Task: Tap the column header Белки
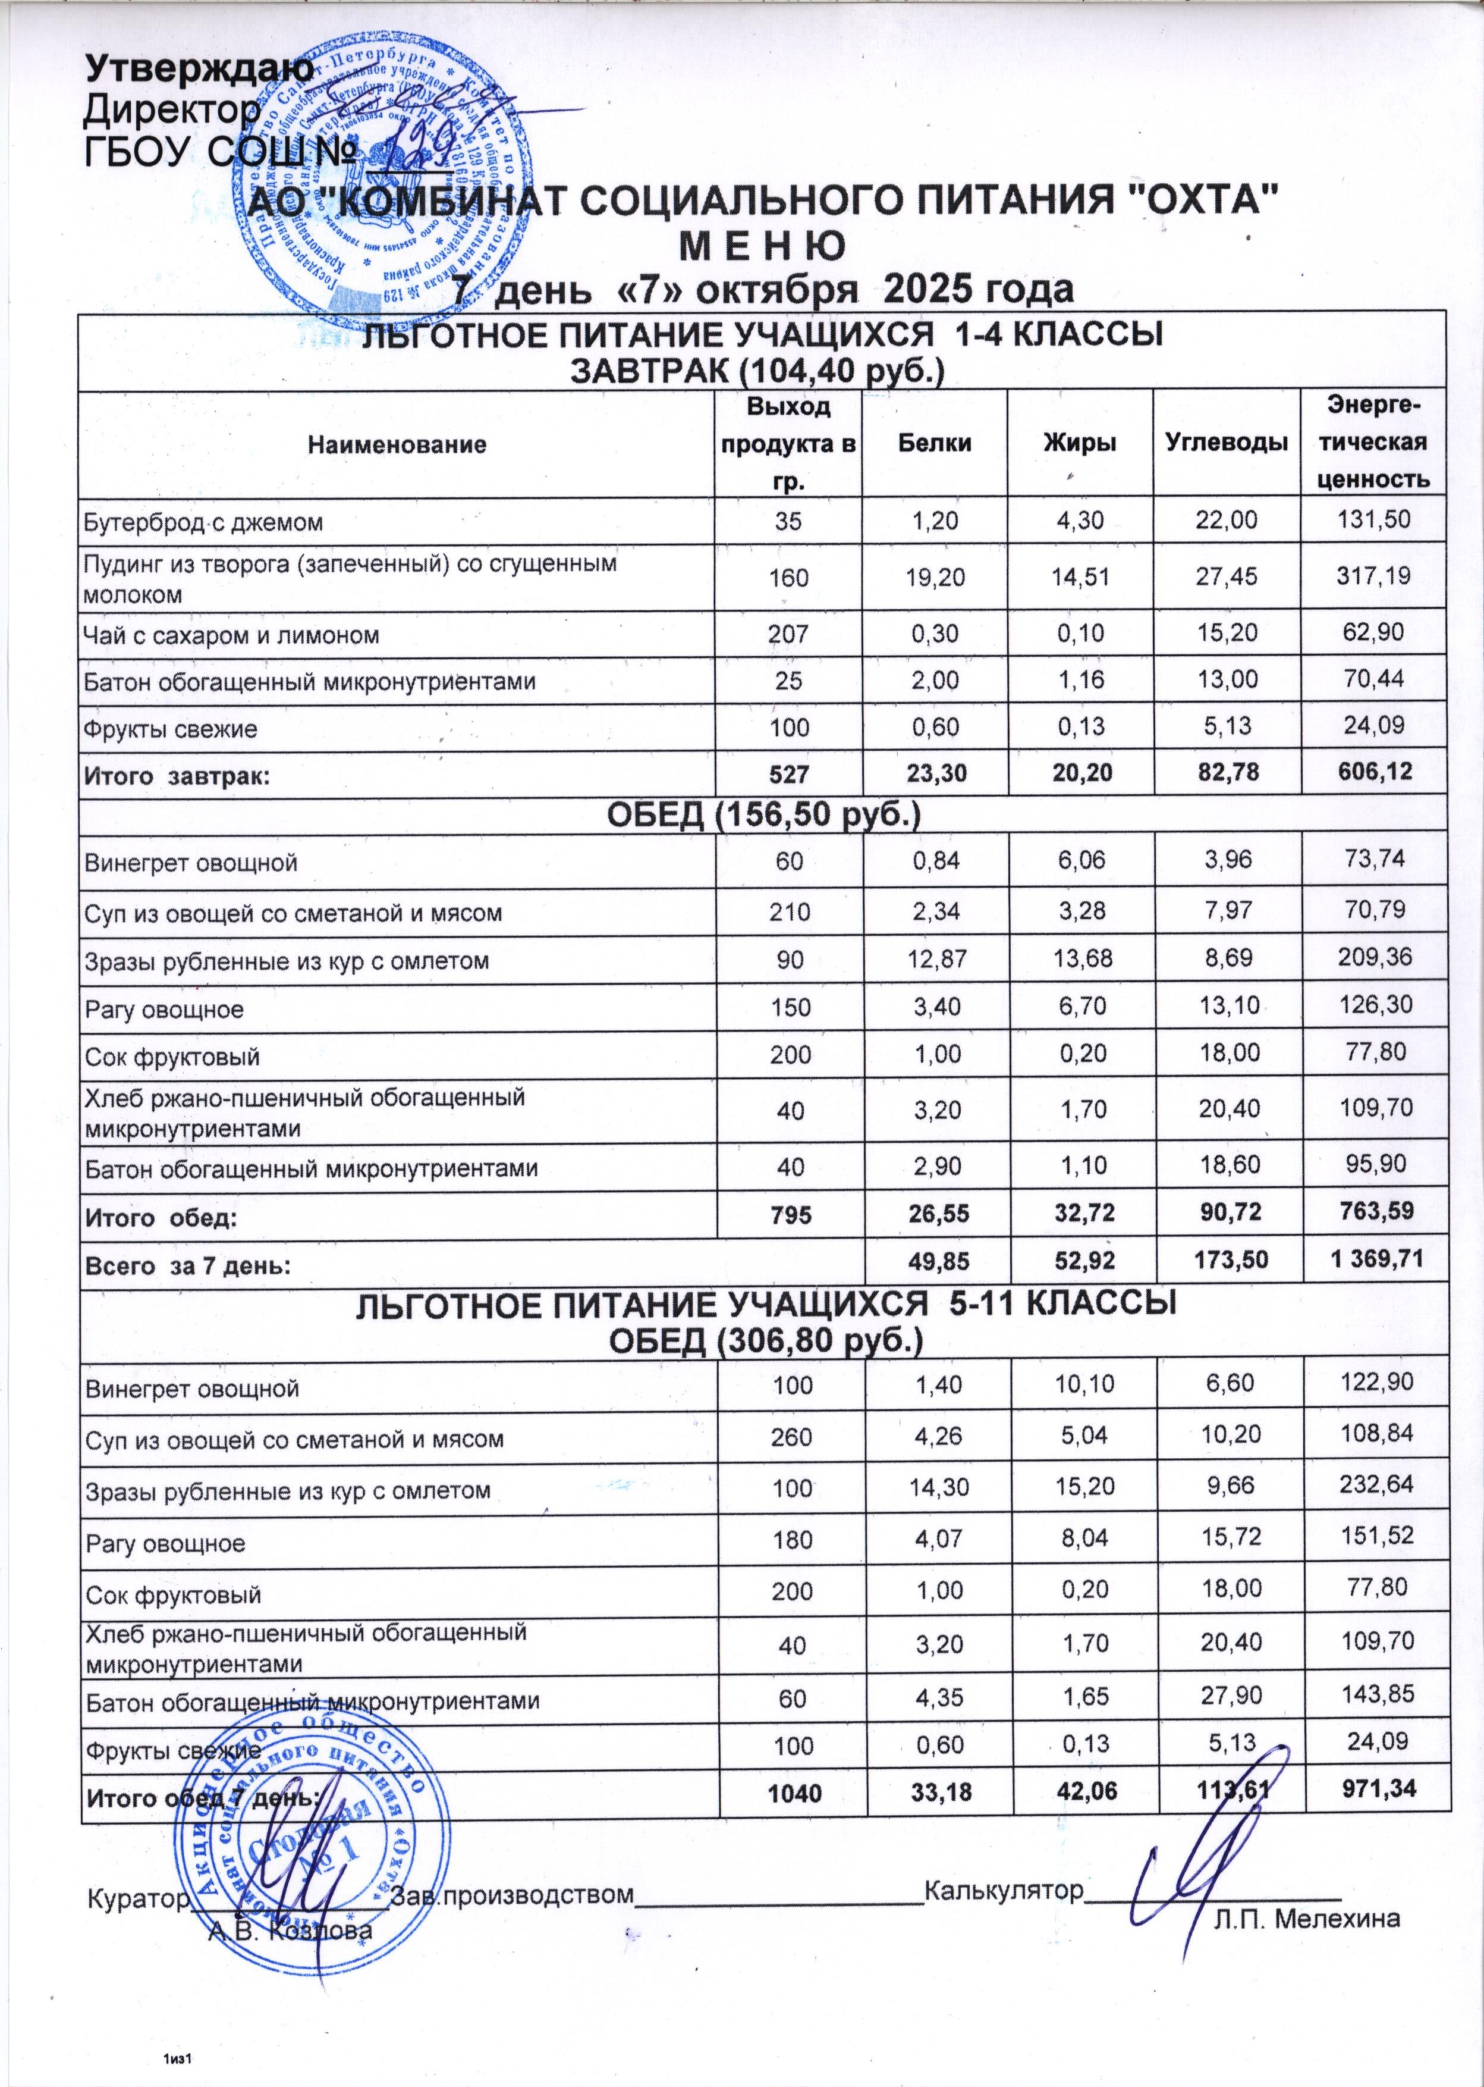pyautogui.click(x=934, y=444)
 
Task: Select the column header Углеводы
pyautogui.click(x=1227, y=444)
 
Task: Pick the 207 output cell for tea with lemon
pyautogui.click(x=788, y=634)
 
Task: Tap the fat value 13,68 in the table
pyautogui.click(x=1081, y=960)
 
